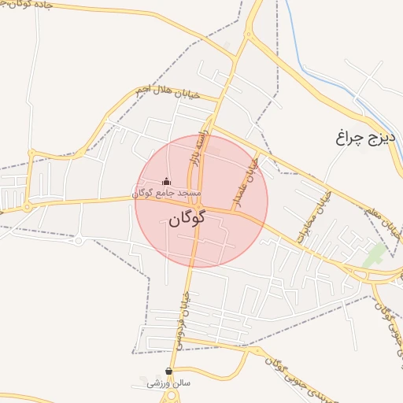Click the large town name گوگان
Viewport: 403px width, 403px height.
click(x=187, y=217)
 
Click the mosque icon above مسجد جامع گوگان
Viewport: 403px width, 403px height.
click(x=165, y=182)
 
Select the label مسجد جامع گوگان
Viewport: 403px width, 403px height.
click(x=166, y=193)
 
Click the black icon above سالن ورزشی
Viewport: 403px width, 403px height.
click(x=168, y=371)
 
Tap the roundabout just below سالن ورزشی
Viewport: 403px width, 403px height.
click(x=168, y=398)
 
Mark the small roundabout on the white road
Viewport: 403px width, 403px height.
click(x=79, y=240)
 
